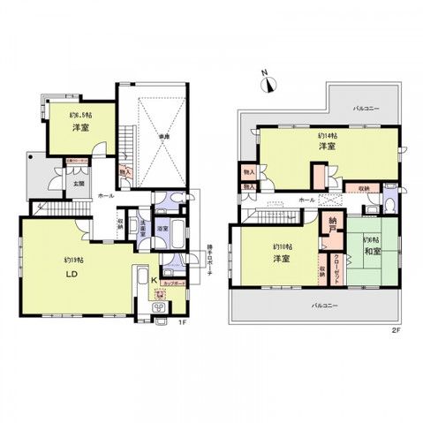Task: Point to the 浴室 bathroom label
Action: (x=162, y=228)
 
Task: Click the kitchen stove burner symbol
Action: (x=160, y=307)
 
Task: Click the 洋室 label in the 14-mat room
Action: (x=326, y=146)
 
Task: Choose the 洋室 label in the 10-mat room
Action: (x=281, y=259)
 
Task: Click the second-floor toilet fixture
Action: (x=389, y=200)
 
